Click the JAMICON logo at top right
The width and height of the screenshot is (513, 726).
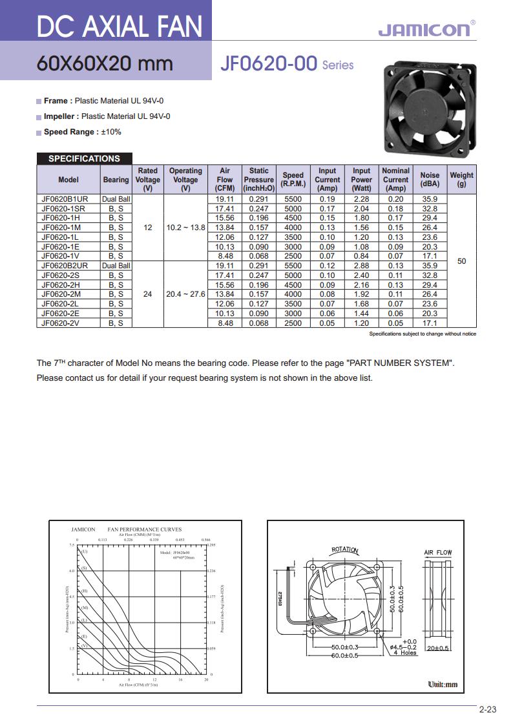pos(426,29)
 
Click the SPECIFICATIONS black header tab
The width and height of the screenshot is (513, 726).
pos(84,158)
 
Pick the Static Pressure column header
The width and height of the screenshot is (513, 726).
pos(258,180)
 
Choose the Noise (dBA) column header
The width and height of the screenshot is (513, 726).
pos(430,180)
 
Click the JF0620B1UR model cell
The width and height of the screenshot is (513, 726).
pos(68,199)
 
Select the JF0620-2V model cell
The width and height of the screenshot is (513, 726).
pos(61,323)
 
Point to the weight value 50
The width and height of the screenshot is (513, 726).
pos(461,261)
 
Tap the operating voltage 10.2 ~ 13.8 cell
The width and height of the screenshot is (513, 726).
pos(185,228)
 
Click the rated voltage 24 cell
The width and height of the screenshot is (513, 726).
pos(147,294)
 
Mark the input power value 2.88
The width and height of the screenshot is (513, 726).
pos(361,266)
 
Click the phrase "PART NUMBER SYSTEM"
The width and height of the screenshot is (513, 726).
pos(400,363)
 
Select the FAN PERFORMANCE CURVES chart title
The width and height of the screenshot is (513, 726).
pos(144,529)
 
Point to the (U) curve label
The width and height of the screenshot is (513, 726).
pos(85,551)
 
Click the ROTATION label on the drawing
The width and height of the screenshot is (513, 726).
pos(344,550)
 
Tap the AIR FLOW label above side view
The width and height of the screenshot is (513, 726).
pos(437,553)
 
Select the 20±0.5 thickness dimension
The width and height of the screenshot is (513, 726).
pos(439,647)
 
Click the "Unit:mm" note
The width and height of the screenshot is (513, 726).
pos(443,685)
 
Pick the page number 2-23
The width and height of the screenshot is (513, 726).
pos(488,710)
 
